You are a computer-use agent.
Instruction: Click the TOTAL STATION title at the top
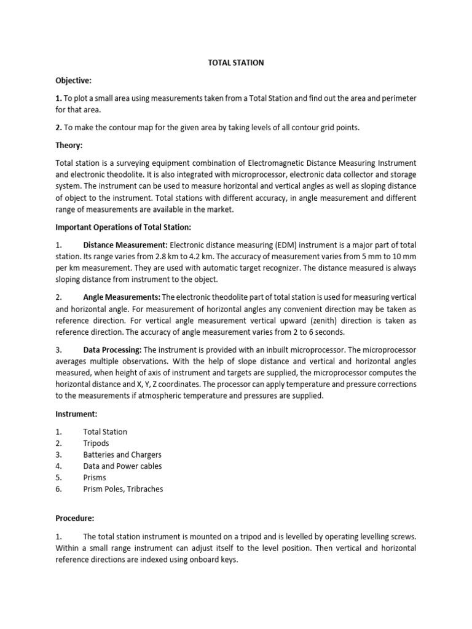235,63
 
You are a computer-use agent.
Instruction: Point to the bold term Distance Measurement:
125,245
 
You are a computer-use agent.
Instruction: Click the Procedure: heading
76,518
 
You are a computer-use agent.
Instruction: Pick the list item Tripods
96,443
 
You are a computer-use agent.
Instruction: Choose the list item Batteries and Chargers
122,455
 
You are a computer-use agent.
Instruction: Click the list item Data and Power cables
122,466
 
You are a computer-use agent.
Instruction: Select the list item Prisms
95,477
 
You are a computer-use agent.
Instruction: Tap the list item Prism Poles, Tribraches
123,489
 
